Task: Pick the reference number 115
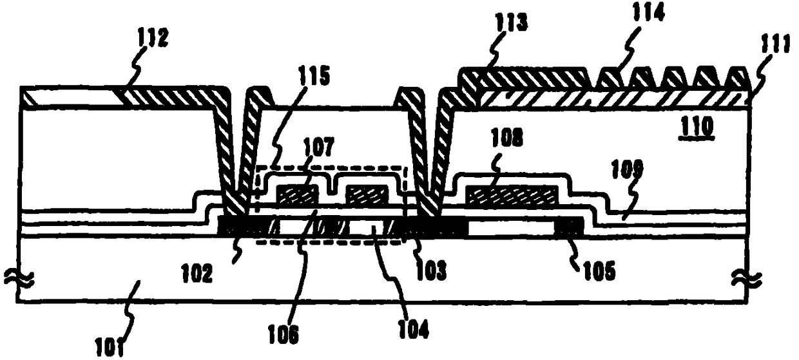click(x=314, y=78)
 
